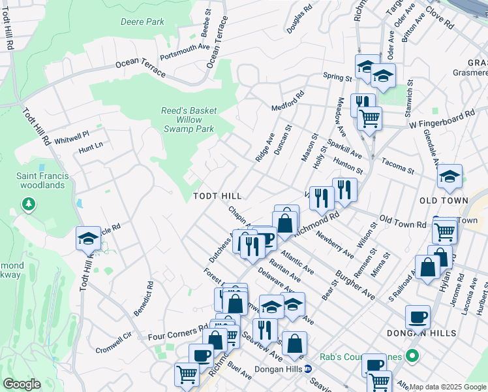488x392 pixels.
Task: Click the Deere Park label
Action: coord(143,22)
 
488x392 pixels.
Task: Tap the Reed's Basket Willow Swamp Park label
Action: coord(189,120)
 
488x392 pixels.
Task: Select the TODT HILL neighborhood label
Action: coord(217,196)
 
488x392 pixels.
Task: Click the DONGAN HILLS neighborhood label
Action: coord(429,333)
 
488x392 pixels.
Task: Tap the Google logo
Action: coord(22,384)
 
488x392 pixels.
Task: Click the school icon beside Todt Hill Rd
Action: coord(88,238)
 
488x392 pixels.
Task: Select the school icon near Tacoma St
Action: coord(450,176)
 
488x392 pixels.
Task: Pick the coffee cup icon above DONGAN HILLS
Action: coord(418,318)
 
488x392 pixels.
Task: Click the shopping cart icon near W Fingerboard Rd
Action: coord(369,119)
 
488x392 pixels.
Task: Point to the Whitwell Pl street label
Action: coord(71,138)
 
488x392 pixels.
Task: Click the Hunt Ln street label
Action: coord(91,149)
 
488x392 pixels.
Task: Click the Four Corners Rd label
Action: coord(174,333)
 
